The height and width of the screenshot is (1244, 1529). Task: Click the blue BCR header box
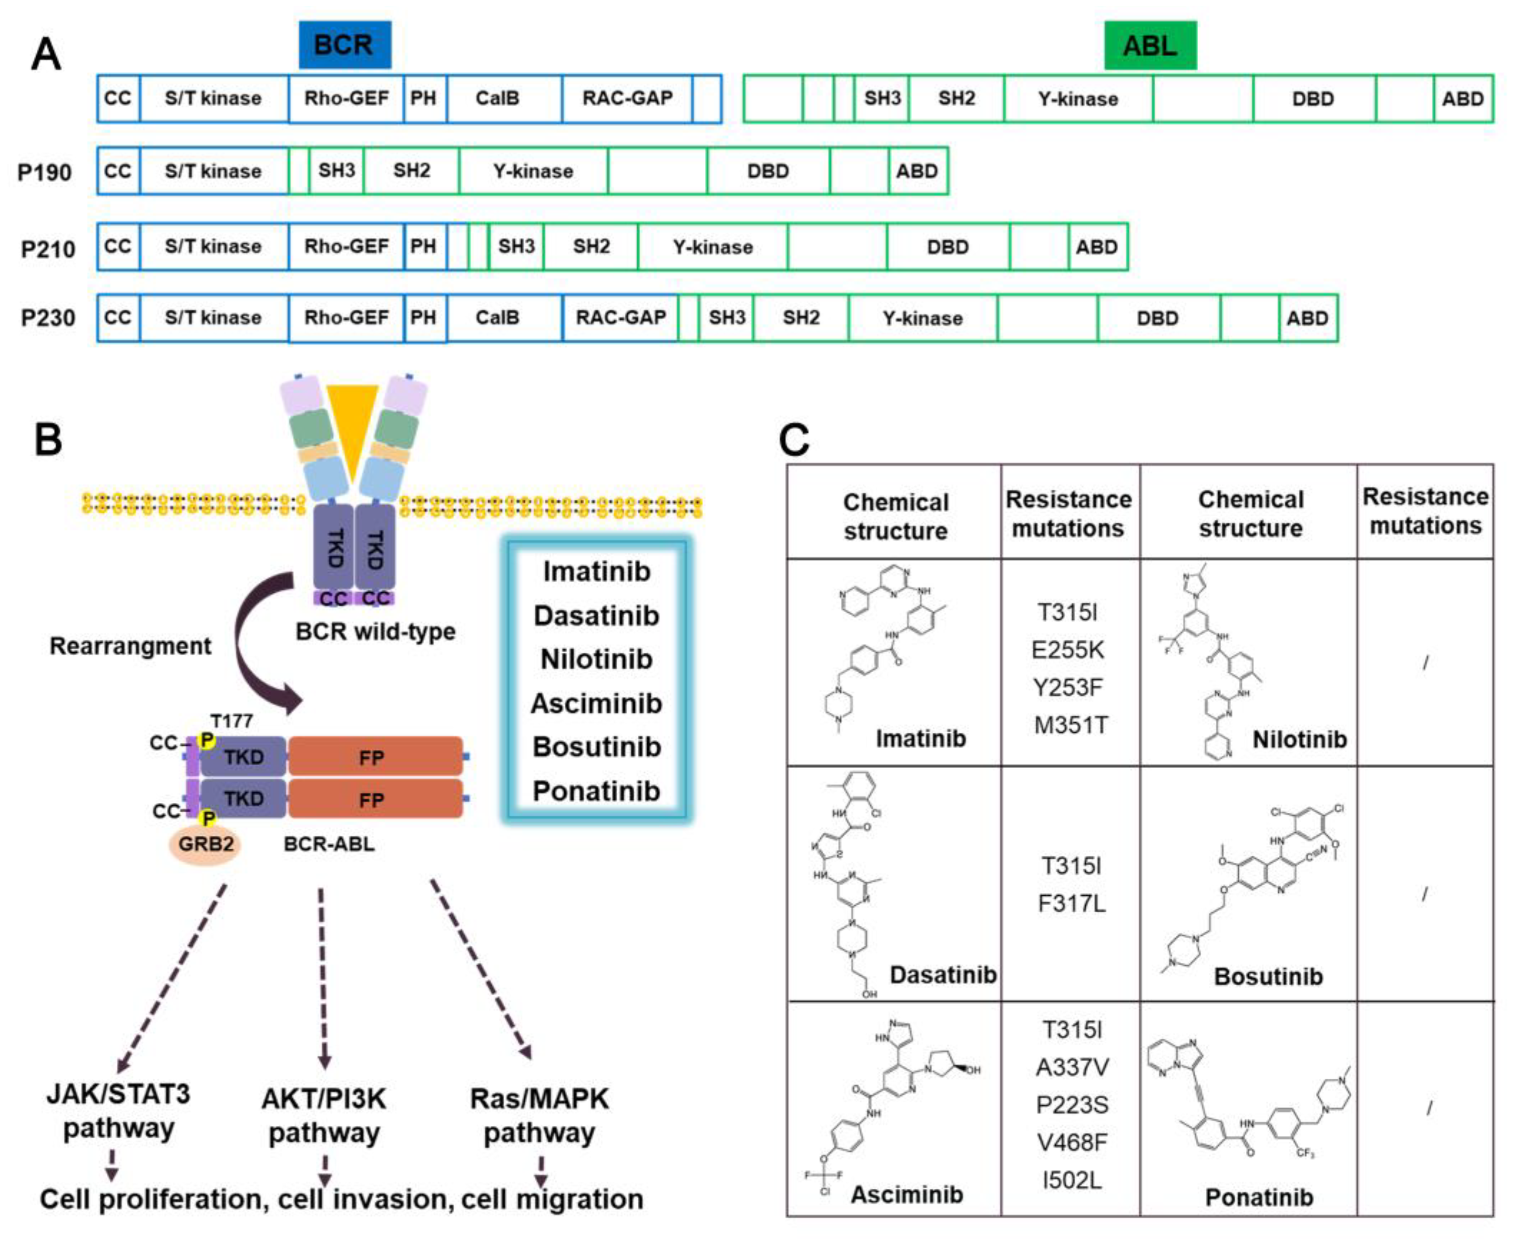coord(345,45)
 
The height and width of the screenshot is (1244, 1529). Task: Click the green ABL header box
coord(1150,46)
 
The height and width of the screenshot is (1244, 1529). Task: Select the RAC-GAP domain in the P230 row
coord(621,317)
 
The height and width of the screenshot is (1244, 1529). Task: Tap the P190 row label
coord(44,172)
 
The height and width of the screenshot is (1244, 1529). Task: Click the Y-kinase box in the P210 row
coord(713,247)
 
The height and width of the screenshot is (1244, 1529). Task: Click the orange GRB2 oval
coord(206,844)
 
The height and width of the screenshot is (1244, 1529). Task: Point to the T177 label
coord(232,721)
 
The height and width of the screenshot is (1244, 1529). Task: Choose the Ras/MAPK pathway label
coord(539,1115)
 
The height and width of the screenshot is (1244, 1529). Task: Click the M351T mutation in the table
coord(1070,725)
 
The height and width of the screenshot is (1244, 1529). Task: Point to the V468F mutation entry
coord(1071,1142)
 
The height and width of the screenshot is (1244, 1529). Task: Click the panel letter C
coord(794,440)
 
